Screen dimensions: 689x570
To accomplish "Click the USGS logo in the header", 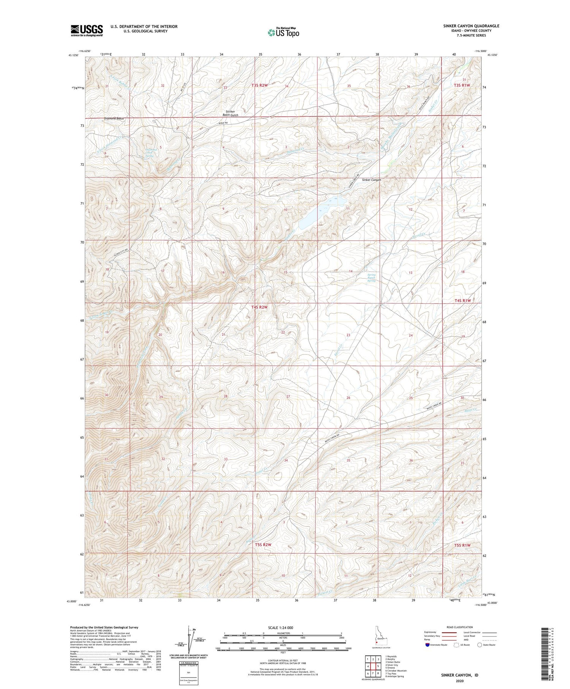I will (87, 30).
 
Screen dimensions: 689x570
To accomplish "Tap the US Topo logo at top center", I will (283, 33).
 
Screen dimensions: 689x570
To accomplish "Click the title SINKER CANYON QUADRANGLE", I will (471, 26).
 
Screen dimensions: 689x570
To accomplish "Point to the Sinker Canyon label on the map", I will (371, 180).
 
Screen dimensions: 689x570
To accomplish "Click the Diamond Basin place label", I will (114, 119).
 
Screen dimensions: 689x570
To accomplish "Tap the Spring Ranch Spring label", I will (371, 277).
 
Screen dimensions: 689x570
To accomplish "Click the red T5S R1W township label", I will (462, 545).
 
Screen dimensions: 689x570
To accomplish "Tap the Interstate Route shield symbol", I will (427, 645).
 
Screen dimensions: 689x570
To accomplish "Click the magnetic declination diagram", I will (189, 640).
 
